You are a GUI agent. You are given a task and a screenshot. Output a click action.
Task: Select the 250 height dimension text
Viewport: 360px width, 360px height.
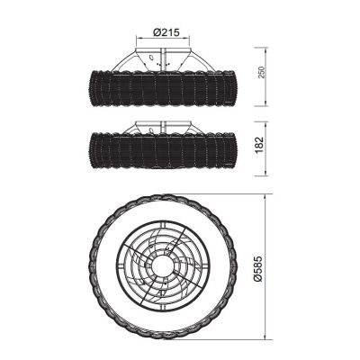[262, 71]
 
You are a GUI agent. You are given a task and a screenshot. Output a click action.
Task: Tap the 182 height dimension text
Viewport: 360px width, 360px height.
[259, 145]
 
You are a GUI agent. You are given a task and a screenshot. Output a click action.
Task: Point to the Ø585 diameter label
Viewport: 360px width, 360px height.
[257, 268]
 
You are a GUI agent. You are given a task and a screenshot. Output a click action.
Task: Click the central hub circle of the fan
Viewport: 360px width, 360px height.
[162, 265]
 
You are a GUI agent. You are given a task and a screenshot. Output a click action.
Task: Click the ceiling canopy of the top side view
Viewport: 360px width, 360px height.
[163, 58]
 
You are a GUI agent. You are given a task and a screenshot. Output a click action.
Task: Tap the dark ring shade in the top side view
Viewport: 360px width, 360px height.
[163, 89]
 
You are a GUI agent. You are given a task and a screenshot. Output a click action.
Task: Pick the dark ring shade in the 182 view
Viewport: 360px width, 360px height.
[163, 150]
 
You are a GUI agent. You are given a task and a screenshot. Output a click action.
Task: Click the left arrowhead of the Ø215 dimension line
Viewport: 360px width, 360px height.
[139, 38]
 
